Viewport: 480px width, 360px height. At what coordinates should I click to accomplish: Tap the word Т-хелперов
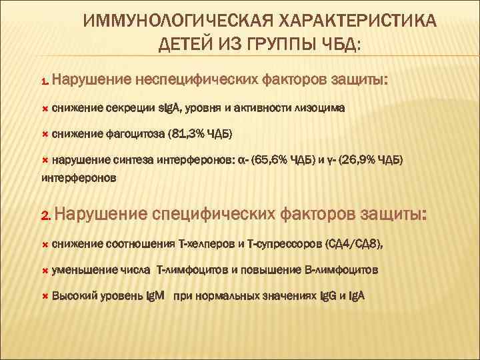point(209,244)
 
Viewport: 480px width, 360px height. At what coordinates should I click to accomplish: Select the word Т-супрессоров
point(283,244)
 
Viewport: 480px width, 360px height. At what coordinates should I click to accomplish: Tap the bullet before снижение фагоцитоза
point(45,133)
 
